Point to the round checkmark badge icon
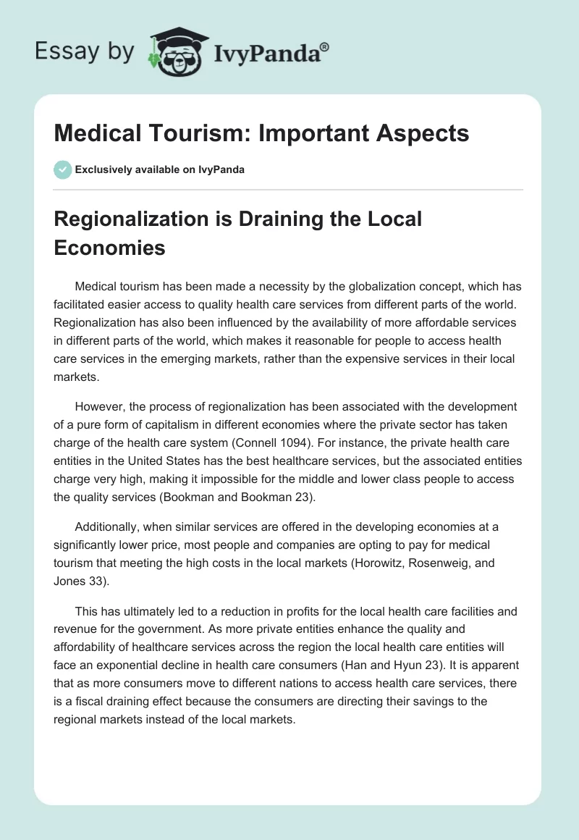62,169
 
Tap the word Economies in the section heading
109,248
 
